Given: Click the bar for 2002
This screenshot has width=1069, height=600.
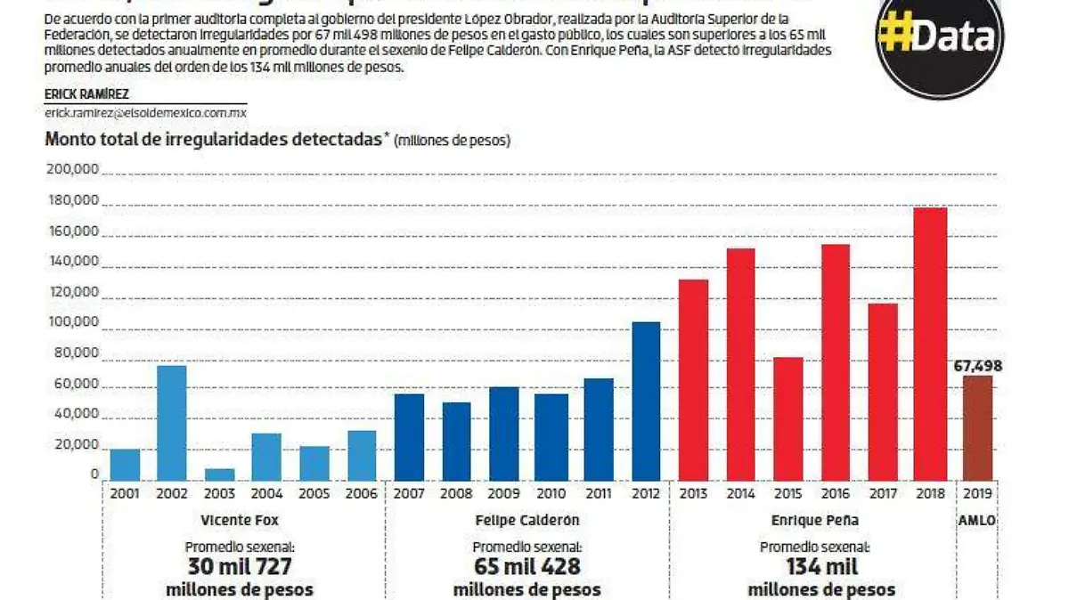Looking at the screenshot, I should (x=172, y=423).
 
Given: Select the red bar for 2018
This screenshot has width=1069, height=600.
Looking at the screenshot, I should (x=930, y=345).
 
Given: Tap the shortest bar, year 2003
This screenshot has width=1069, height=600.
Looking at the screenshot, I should (x=219, y=474).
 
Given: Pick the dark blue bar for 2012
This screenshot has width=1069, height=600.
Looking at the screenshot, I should (x=646, y=401).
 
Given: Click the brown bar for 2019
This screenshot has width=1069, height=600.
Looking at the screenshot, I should (x=977, y=428).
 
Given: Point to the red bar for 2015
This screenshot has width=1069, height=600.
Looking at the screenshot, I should (x=787, y=419).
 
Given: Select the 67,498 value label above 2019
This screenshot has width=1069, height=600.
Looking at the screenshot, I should (x=978, y=366).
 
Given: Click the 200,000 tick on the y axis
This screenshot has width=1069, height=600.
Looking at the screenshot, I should (x=74, y=169).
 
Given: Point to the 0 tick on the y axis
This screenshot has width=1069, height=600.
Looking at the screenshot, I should (x=94, y=474).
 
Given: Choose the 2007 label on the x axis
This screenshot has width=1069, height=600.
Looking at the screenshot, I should (x=409, y=493).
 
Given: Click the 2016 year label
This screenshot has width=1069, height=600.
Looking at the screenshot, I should (x=835, y=493).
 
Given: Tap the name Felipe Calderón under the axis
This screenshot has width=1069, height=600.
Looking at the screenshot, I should (x=526, y=521).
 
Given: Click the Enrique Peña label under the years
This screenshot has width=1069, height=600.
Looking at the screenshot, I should (x=812, y=521).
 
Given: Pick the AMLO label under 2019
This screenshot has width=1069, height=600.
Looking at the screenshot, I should (x=977, y=521).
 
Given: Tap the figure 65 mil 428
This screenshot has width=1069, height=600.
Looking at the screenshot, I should (x=526, y=567).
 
